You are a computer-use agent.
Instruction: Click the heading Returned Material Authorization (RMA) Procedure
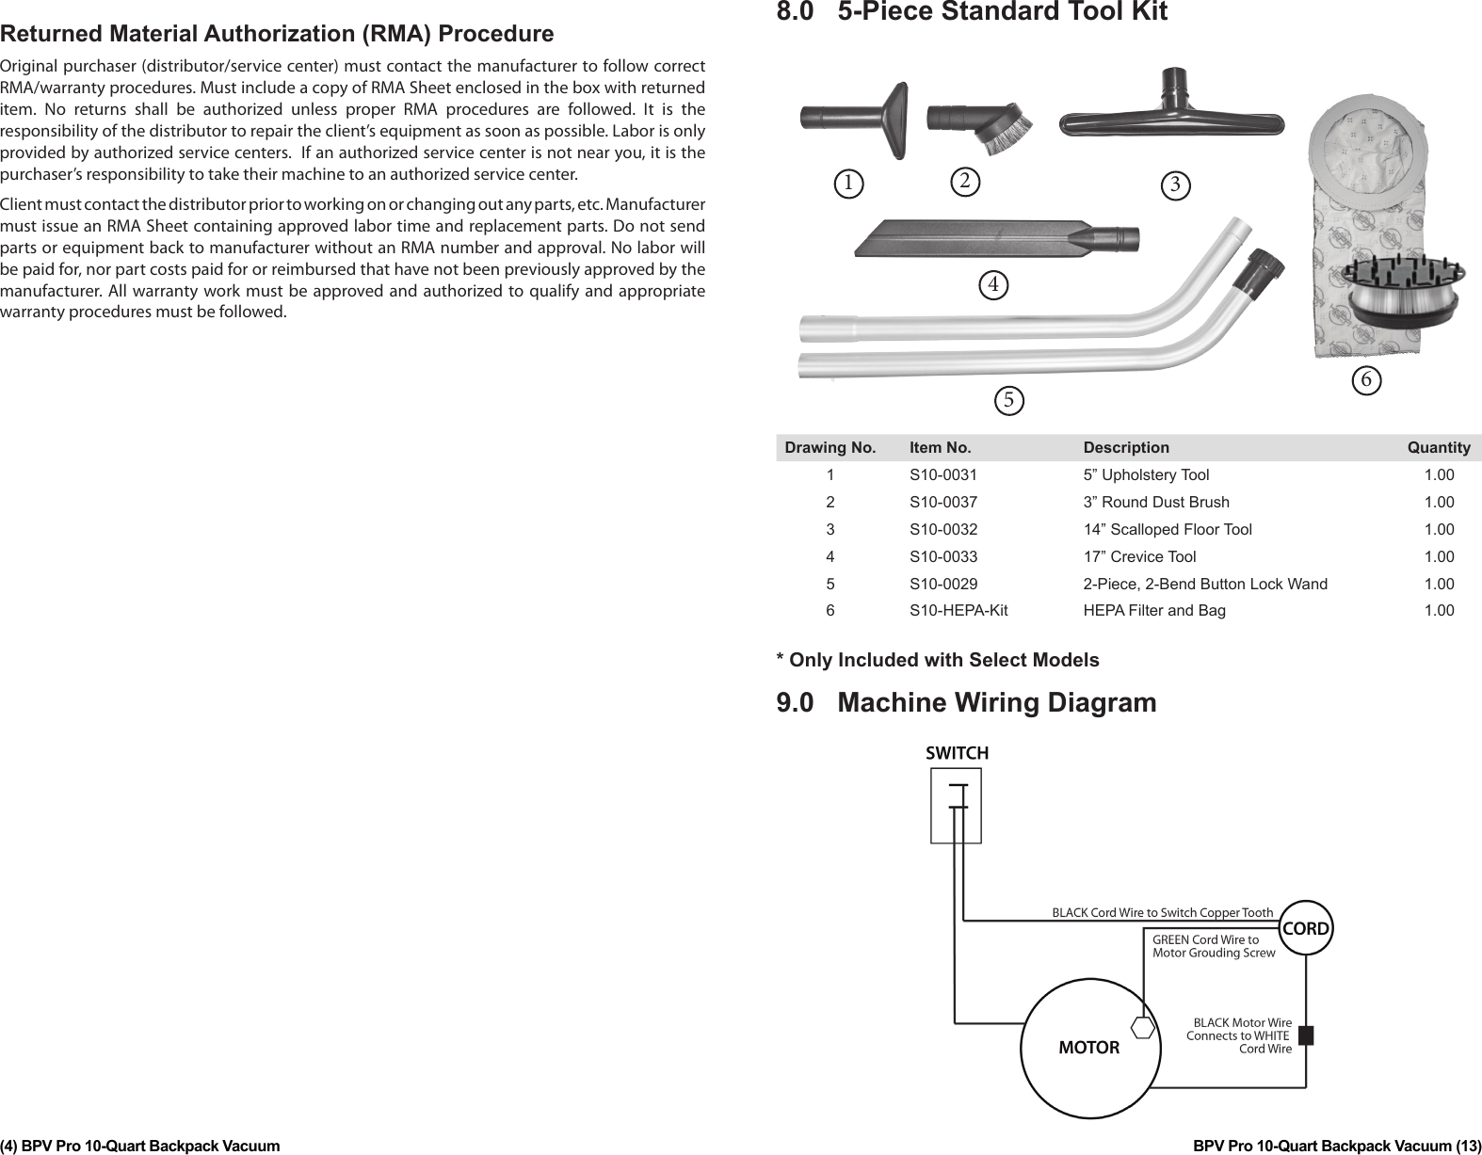[277, 35]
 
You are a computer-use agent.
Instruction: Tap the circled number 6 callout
[1366, 379]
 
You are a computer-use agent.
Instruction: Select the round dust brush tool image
[979, 120]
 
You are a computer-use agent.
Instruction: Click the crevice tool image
[996, 237]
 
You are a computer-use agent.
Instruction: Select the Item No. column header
[940, 448]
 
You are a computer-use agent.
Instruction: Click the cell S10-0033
[942, 556]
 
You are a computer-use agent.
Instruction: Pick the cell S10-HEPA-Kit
[958, 611]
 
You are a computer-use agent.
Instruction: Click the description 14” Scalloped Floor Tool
[1168, 530]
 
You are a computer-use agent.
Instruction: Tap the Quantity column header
[1438, 448]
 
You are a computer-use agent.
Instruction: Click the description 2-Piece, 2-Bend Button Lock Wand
[1205, 584]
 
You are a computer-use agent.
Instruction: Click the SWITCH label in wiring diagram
[957, 753]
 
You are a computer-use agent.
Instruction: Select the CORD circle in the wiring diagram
[1307, 929]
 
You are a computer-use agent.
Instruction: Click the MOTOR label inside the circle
[1089, 1048]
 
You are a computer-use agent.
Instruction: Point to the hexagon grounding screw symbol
[1143, 1027]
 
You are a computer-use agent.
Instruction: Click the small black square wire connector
[1305, 1035]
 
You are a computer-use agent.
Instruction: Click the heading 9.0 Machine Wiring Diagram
[966, 703]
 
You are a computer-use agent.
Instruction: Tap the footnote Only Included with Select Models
[937, 660]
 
